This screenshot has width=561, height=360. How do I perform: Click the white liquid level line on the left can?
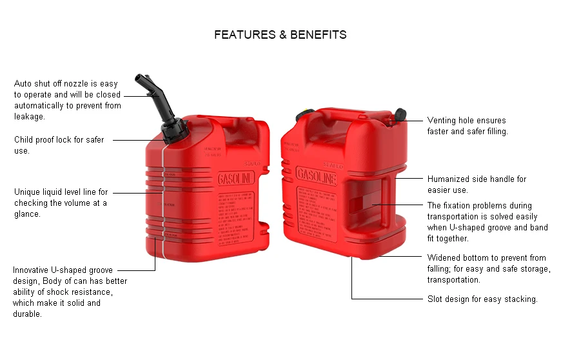163,194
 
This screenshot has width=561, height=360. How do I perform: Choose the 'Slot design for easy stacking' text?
482,299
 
